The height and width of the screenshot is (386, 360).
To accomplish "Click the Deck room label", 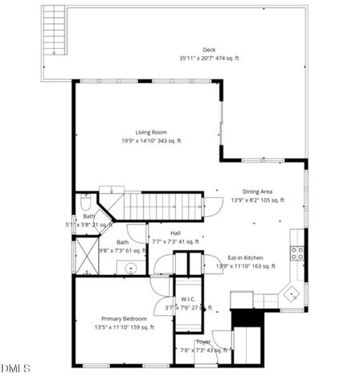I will pyautogui.click(x=209, y=49).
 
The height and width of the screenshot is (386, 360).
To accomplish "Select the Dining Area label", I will pyautogui.click(x=256, y=191).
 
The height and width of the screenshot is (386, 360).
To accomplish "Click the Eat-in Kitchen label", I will pyautogui.click(x=246, y=257).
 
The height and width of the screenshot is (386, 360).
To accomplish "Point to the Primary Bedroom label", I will pyautogui.click(x=124, y=318).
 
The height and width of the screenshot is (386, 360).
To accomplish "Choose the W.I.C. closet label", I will pyautogui.click(x=189, y=299).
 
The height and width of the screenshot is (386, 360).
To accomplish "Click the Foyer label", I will pyautogui.click(x=203, y=342).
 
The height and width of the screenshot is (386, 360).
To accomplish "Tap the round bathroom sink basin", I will pyautogui.click(x=131, y=269).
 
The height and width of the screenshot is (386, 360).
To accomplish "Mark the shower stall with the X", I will pyautogui.click(x=86, y=257).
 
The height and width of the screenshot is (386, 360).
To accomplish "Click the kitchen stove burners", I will pyautogui.click(x=297, y=254).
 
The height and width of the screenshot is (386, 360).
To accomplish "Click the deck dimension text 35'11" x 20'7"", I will pyautogui.click(x=209, y=58).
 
